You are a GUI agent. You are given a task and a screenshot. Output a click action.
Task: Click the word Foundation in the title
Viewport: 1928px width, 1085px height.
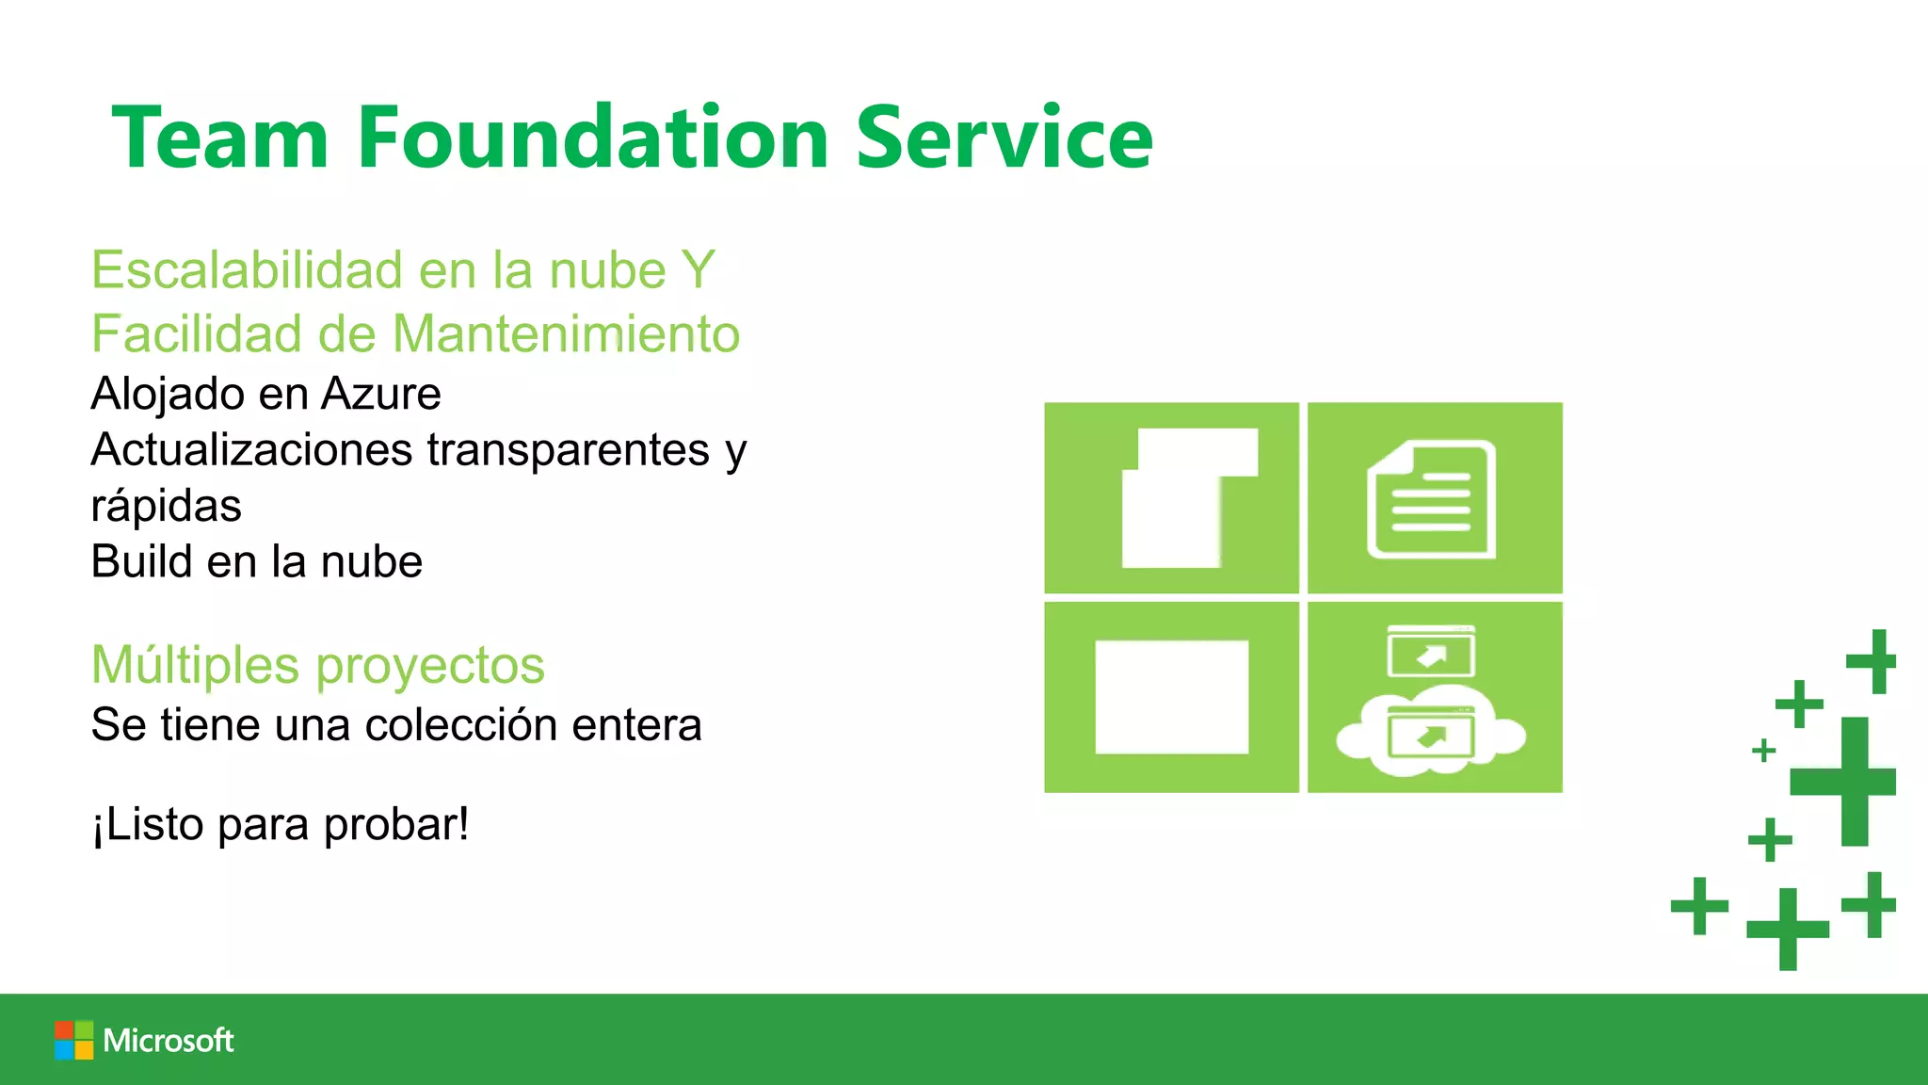[593, 138]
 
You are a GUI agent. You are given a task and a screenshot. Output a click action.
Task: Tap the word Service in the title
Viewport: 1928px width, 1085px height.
[1004, 138]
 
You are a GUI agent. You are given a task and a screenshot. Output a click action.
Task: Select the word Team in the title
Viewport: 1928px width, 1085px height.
[220, 138]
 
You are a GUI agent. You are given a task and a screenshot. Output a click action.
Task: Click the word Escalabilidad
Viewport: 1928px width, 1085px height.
[248, 270]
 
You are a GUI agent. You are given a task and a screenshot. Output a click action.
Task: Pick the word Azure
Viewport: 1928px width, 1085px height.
[380, 394]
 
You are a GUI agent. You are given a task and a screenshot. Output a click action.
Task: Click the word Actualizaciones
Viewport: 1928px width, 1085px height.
[251, 449]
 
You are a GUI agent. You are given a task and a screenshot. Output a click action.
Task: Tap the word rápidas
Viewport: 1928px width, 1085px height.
[166, 506]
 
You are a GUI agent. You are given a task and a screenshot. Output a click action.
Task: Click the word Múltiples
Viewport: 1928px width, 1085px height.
[195, 665]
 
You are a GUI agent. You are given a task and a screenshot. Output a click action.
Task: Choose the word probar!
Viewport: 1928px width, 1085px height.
[396, 825]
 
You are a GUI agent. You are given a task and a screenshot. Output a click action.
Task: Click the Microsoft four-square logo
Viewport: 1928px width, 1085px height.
[73, 1040]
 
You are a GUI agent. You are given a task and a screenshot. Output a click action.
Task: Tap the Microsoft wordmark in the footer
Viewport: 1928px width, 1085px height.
[169, 1040]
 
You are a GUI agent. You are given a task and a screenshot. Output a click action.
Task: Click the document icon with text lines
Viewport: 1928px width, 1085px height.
[1431, 499]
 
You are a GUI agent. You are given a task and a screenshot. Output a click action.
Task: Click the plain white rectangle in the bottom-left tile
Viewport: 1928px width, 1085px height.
[1171, 697]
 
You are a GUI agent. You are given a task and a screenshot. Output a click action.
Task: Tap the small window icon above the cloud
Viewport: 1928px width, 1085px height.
[1431, 652]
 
